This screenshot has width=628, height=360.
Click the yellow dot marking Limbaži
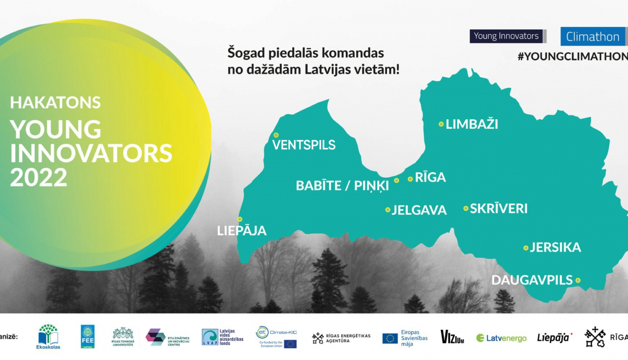pos(441,124)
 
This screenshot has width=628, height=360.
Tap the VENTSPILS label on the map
pos(304,145)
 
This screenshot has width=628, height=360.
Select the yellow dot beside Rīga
pos(410,179)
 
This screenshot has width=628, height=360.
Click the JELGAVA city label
pos(419,210)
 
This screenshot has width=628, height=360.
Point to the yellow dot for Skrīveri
pos(466,208)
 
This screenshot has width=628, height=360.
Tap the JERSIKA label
pos(555,247)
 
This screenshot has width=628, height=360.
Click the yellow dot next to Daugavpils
pos(578,280)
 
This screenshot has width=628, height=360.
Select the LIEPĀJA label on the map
pos(242,231)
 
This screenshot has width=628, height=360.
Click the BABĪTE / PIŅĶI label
pos(342,185)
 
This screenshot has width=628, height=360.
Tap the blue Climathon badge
pos(592,37)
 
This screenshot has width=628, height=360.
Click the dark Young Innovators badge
pos(506,36)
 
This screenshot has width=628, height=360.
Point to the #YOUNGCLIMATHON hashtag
pos(572,57)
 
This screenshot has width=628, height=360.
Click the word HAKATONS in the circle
pos(55,103)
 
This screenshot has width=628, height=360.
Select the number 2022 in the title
pos(39,177)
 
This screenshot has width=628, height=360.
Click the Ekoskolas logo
pos(48,336)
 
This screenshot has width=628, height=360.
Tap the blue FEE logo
pos(88,336)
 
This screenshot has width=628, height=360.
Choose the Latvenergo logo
pos(501,338)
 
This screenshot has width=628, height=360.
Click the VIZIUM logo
pos(452,337)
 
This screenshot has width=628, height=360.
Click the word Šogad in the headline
pos(246,53)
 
